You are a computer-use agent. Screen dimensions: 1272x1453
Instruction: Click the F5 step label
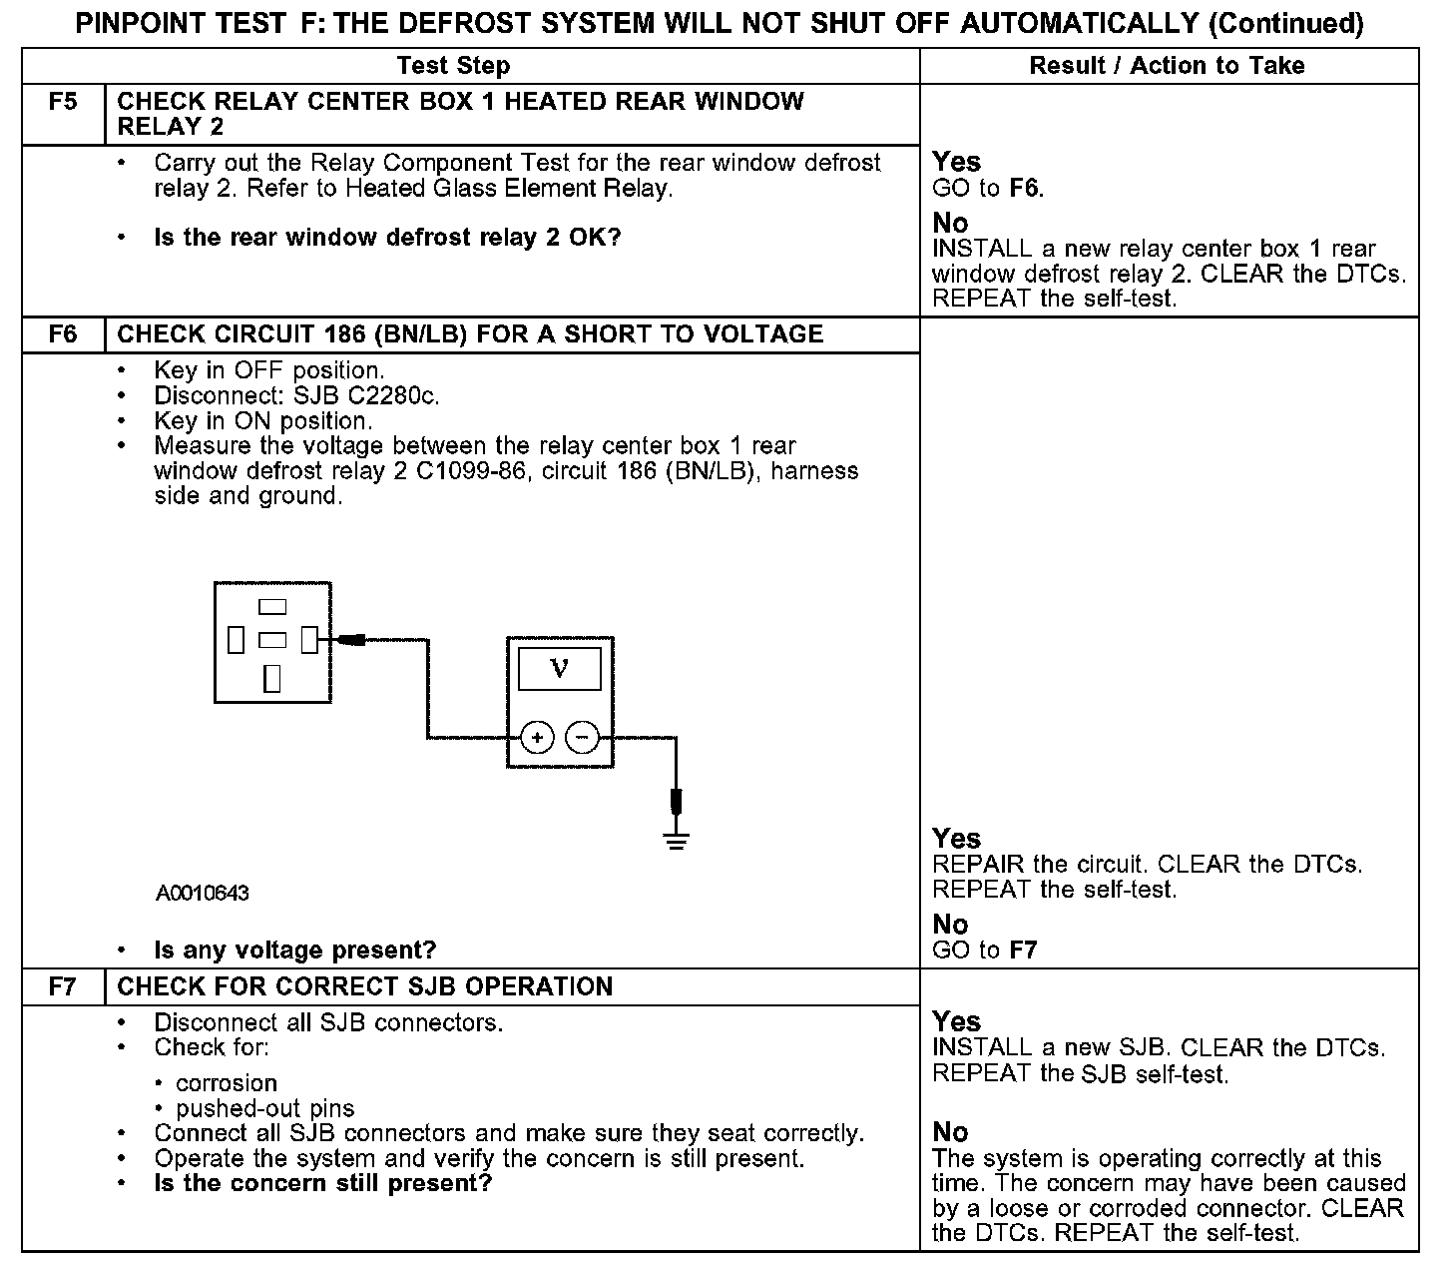[x=63, y=102]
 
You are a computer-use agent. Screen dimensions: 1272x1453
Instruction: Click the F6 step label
[x=63, y=334]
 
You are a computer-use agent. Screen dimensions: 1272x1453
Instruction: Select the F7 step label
[x=63, y=987]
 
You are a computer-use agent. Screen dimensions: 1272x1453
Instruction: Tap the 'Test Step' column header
[x=453, y=66]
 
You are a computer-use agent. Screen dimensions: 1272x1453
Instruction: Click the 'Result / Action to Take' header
[x=1167, y=66]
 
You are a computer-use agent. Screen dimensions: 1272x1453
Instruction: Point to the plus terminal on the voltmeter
[x=537, y=738]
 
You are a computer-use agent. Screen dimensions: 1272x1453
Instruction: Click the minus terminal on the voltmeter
[x=582, y=738]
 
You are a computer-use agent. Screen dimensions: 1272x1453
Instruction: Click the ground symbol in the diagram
[x=677, y=839]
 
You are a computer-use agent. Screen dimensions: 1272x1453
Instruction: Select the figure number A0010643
[x=203, y=894]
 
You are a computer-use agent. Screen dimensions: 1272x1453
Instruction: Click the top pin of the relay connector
[x=272, y=606]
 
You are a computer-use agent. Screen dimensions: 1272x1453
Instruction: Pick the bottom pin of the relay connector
[x=272, y=679]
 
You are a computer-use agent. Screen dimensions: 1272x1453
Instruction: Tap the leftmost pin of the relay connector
[x=236, y=639]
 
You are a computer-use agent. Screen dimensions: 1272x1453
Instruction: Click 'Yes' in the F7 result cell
[x=956, y=1021]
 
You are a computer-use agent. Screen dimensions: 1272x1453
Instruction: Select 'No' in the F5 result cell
[x=950, y=223]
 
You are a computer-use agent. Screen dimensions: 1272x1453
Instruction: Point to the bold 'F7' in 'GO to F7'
[x=1023, y=951]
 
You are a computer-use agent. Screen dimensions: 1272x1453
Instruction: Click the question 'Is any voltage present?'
[x=295, y=951]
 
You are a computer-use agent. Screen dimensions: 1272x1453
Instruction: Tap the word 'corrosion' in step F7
[x=227, y=1083]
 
